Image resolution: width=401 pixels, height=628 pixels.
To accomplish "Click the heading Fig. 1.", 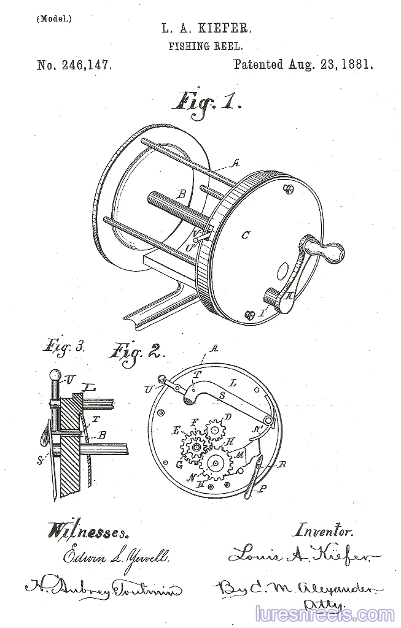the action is [x=207, y=100].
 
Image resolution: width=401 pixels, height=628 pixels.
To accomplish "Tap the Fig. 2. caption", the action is [x=137, y=352].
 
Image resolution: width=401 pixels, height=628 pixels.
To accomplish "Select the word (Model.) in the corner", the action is [x=53, y=18].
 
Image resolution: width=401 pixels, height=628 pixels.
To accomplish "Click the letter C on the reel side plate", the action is [x=245, y=234].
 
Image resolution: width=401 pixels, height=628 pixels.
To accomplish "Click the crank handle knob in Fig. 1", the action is [x=326, y=250].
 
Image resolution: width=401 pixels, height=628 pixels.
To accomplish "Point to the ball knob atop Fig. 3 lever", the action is [x=53, y=375].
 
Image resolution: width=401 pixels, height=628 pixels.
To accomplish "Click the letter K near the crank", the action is [x=290, y=296].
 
